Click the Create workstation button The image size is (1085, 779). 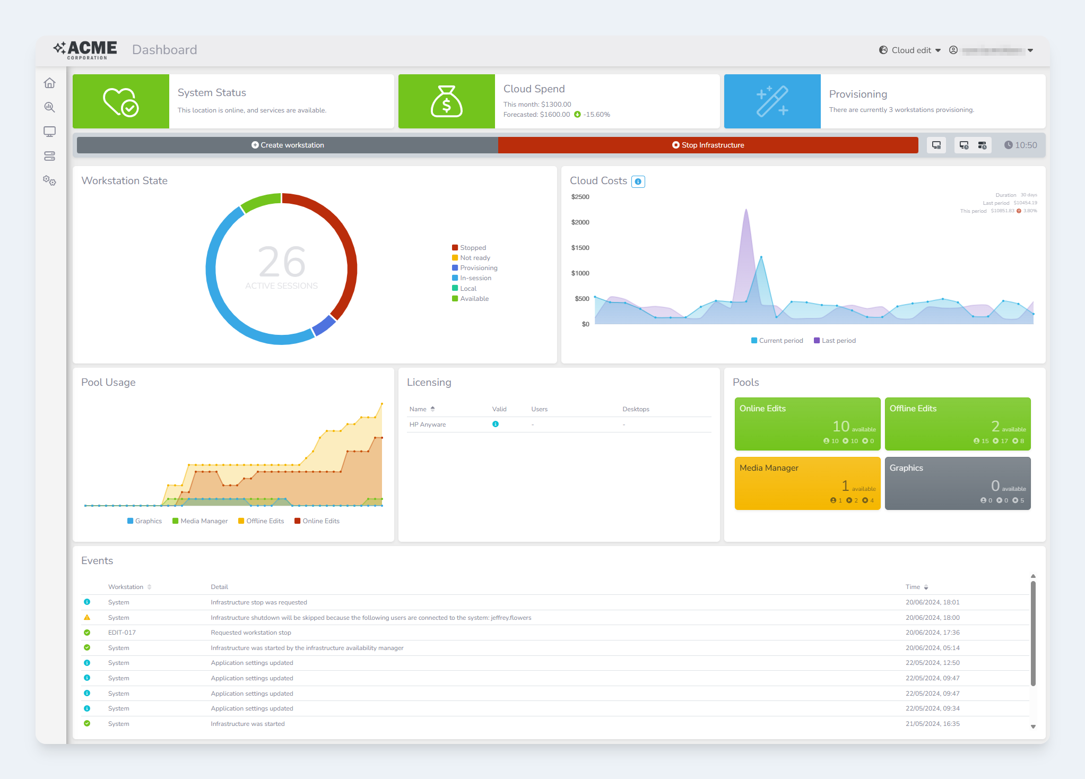pyautogui.click(x=288, y=145)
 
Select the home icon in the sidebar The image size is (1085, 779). pyautogui.click(x=49, y=83)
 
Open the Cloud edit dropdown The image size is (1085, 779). pyautogui.click(x=910, y=50)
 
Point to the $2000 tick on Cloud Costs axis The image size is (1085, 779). pyautogui.click(x=580, y=222)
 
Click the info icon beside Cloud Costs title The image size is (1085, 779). pyautogui.click(x=638, y=181)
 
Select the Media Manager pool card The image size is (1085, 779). pyautogui.click(x=807, y=483)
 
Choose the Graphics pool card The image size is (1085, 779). pyautogui.click(x=957, y=483)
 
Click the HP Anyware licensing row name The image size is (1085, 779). pyautogui.click(x=428, y=425)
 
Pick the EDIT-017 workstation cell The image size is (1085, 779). pyautogui.click(x=122, y=633)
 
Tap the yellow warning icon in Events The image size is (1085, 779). pyautogui.click(x=87, y=618)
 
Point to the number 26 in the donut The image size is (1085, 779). pyautogui.click(x=282, y=262)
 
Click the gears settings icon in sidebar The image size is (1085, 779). pyautogui.click(x=49, y=181)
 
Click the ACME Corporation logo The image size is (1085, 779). pyautogui.click(x=85, y=50)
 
